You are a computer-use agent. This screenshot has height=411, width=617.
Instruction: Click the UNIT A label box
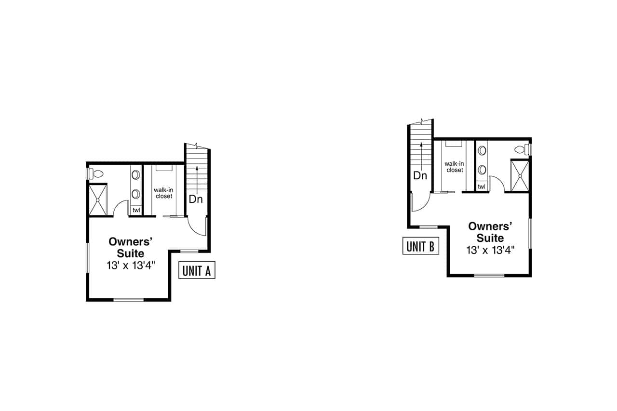(197, 270)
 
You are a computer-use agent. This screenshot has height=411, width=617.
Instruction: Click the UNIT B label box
(420, 246)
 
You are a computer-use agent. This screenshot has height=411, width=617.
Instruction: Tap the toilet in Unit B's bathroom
(521, 149)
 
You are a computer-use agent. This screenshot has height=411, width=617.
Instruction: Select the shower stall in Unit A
(98, 200)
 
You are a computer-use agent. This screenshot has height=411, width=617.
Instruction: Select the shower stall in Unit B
(520, 176)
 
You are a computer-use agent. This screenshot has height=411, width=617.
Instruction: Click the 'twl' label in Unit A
(136, 210)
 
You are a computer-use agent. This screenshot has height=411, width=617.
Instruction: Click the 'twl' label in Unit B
(482, 186)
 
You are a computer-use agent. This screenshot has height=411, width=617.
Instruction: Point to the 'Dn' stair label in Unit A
(195, 199)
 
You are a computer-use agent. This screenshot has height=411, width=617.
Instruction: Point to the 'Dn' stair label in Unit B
(420, 175)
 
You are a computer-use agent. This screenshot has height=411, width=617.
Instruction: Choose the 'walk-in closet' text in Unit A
(163, 193)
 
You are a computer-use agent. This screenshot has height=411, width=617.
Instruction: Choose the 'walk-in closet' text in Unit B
(455, 167)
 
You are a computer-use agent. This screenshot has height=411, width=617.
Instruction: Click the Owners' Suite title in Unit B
(490, 232)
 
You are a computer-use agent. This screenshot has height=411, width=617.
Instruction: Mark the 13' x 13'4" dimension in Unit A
(131, 265)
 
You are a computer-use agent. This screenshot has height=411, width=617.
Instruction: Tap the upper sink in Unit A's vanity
(135, 174)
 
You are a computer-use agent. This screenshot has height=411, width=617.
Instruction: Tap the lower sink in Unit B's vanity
(482, 170)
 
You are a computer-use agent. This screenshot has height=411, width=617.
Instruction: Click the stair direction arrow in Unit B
(421, 154)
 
